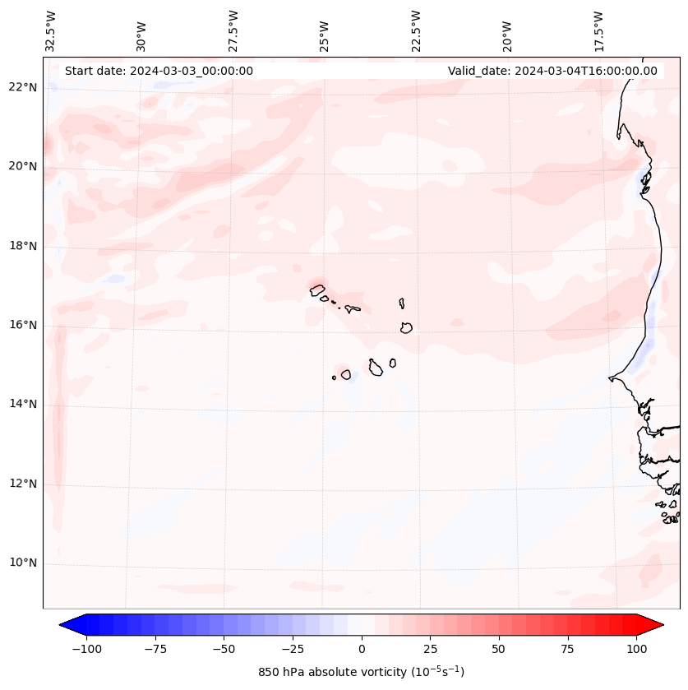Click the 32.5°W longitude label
(x=51, y=30)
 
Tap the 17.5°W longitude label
(x=598, y=30)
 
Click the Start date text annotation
(x=159, y=71)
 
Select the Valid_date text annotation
(x=552, y=71)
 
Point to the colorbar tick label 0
(x=362, y=649)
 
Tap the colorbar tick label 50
(x=499, y=649)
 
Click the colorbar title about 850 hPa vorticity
(x=361, y=672)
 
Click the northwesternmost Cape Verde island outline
(x=317, y=289)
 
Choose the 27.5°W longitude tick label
(x=233, y=30)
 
